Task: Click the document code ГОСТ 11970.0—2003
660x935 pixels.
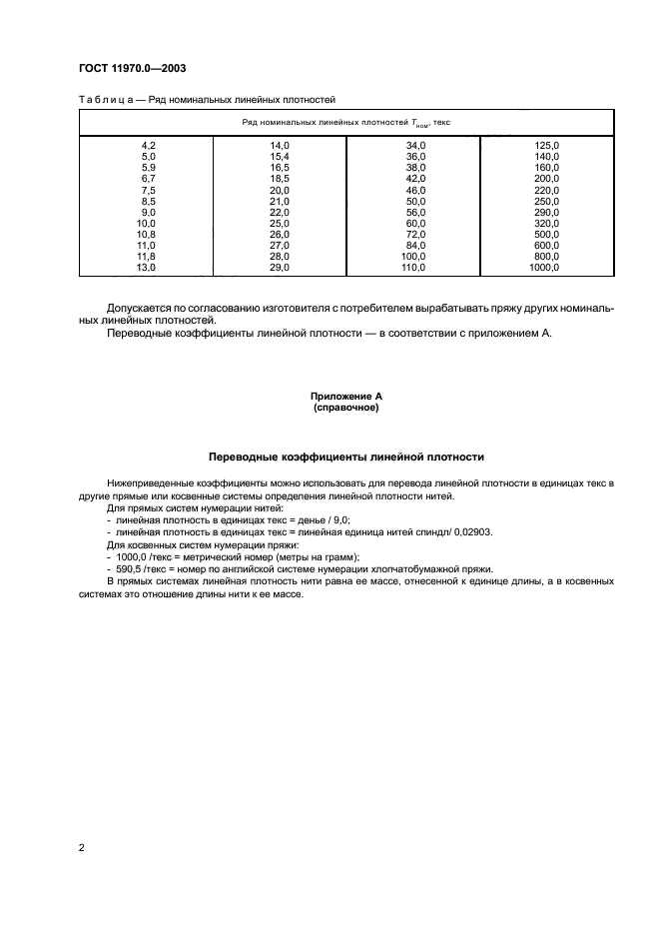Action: (x=131, y=68)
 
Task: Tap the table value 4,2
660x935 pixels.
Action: (x=149, y=146)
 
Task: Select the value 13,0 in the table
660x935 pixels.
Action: (x=147, y=269)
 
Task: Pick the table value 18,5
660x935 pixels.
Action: (x=279, y=178)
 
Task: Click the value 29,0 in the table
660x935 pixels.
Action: (x=279, y=269)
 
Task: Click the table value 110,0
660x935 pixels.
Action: (x=413, y=269)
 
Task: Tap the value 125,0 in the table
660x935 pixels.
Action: (x=547, y=146)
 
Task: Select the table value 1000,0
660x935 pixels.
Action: (x=545, y=269)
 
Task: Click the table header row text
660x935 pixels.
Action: (x=346, y=121)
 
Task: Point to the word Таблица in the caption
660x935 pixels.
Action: (x=106, y=99)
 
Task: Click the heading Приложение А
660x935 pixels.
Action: (x=345, y=397)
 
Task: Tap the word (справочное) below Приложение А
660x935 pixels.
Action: (x=345, y=408)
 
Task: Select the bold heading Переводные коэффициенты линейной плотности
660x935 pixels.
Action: (x=345, y=457)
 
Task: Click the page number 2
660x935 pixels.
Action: (x=81, y=849)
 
